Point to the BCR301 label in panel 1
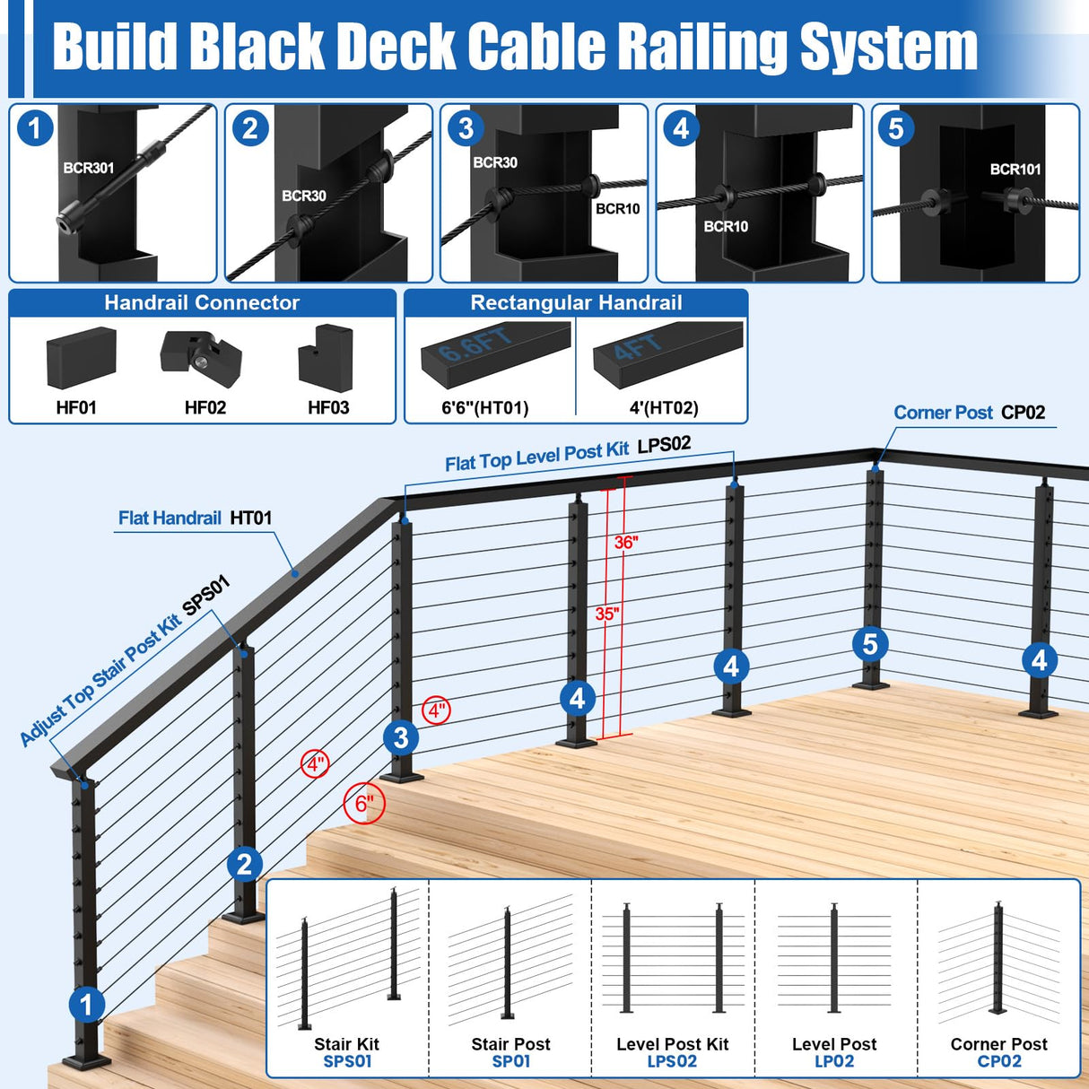click(x=88, y=168)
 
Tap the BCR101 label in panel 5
click(x=1015, y=170)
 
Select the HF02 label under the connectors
click(x=205, y=408)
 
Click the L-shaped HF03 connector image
click(x=326, y=358)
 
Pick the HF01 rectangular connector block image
click(x=81, y=357)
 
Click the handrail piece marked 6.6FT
click(x=495, y=353)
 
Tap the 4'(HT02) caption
click(x=663, y=408)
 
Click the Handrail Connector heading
click(x=202, y=303)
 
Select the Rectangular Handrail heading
click(x=576, y=303)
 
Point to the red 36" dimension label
click(x=626, y=542)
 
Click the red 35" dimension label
click(x=607, y=614)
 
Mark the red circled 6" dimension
click(x=364, y=803)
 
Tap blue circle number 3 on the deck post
click(x=401, y=738)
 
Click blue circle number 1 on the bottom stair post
click(x=87, y=1005)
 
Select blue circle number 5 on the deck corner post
click(x=869, y=644)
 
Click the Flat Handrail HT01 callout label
click(x=195, y=518)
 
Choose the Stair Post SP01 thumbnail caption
click(x=510, y=1052)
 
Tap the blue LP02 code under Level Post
click(x=833, y=1061)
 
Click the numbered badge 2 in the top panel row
click(x=250, y=129)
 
